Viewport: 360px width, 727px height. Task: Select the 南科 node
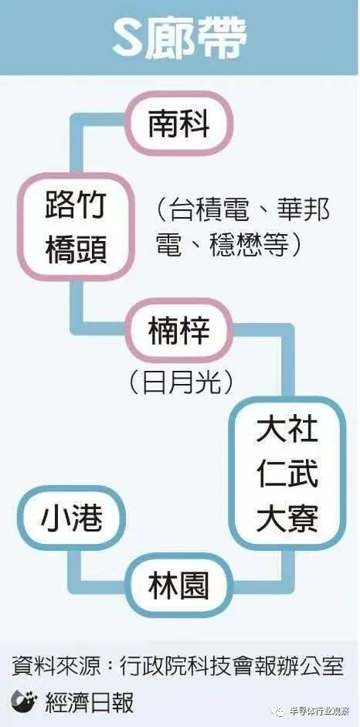[179, 124]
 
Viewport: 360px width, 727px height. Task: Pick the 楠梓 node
[179, 331]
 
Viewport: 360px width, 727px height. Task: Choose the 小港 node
[72, 518]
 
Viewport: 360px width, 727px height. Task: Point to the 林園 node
[179, 585]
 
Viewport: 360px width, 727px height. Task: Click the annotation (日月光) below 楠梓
[179, 383]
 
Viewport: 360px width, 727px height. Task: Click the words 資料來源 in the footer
[48, 668]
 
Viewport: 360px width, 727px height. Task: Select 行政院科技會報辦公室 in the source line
[231, 668]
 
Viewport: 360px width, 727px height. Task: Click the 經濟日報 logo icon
[25, 702]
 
